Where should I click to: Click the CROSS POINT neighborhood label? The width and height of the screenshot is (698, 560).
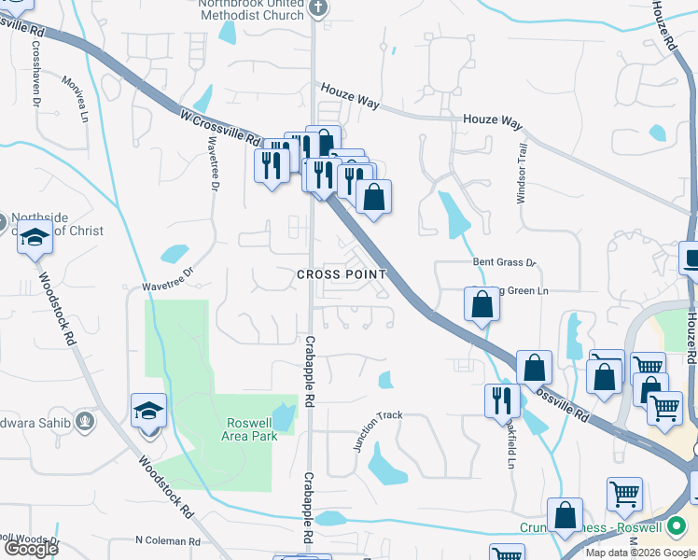pos(341,273)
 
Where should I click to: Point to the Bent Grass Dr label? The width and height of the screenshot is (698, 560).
pos(505,263)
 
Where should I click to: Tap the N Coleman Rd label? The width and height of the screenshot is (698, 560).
pos(168,540)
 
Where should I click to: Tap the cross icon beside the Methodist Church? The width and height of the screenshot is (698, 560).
pos(318,8)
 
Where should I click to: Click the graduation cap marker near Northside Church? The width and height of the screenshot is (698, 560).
pos(35,239)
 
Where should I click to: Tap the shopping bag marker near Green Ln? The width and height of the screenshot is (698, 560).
pos(482,303)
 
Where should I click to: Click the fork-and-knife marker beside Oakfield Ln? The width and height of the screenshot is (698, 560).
pos(502,399)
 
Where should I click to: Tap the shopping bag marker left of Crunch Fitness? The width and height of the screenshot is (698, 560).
pos(565,515)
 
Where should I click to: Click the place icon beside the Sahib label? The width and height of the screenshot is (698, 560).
pos(86,421)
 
